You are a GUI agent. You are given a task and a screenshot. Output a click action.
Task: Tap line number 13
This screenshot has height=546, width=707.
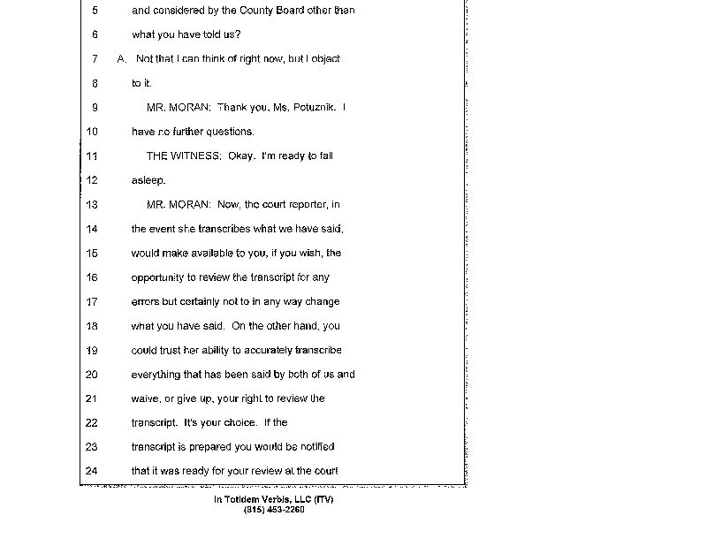pyautogui.click(x=93, y=204)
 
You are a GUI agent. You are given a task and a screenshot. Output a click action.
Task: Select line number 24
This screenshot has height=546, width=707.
pyautogui.click(x=93, y=470)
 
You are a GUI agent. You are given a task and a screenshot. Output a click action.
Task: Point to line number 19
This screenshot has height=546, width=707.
pyautogui.click(x=93, y=350)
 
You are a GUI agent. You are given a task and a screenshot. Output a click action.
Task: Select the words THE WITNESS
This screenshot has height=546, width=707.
pyautogui.click(x=178, y=156)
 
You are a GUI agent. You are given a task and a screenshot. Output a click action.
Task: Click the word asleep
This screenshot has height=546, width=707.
pyautogui.click(x=148, y=180)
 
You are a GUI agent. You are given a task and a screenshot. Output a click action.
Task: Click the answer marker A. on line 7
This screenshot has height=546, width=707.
pyautogui.click(x=122, y=59)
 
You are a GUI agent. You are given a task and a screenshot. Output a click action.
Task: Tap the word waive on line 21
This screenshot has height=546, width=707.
pyautogui.click(x=144, y=398)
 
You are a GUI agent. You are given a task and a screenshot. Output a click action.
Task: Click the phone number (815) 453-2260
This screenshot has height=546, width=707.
pyautogui.click(x=274, y=510)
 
